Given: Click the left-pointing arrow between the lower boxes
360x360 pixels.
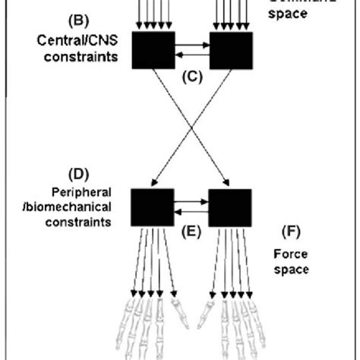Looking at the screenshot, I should coord(191,213).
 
